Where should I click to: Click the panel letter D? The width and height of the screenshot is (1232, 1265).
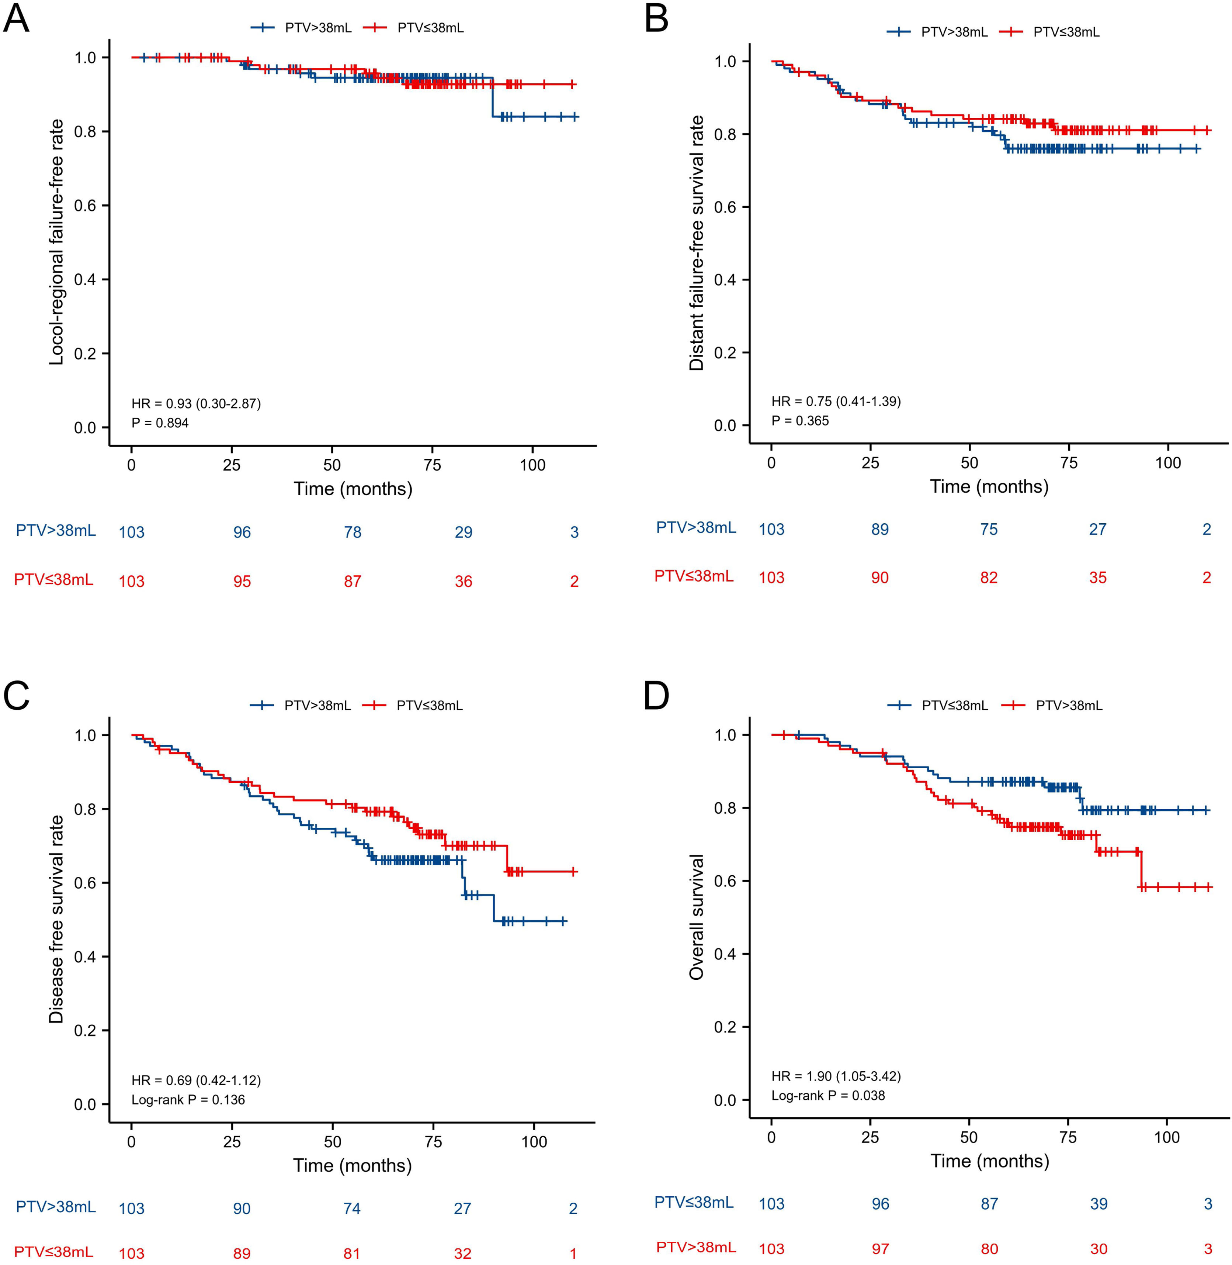click(657, 697)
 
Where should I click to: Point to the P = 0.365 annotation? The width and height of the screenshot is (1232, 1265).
click(800, 421)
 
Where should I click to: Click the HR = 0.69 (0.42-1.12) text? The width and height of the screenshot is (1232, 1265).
click(196, 1080)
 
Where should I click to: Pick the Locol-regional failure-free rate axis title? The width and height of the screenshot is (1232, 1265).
click(57, 242)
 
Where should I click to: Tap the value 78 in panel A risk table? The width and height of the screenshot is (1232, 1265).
click(353, 532)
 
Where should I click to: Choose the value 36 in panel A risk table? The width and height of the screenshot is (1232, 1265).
click(463, 581)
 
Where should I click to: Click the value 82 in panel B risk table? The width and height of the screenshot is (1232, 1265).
click(989, 578)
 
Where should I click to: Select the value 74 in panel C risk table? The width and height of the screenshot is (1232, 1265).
click(352, 1208)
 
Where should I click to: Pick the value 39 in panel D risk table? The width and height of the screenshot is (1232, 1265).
click(1099, 1204)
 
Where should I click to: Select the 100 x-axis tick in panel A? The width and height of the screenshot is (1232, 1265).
click(532, 465)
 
